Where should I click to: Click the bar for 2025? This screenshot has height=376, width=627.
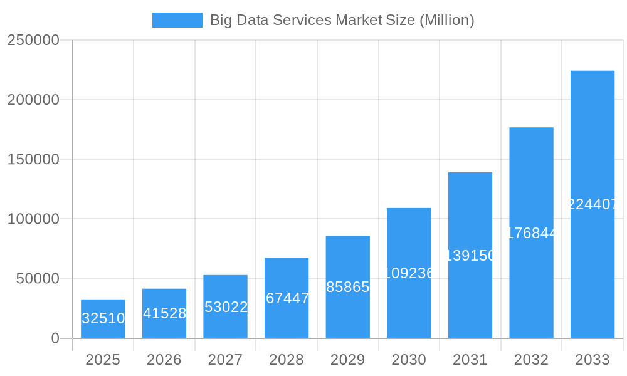103,319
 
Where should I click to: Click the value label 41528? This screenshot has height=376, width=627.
164,313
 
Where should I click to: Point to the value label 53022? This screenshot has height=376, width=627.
226,307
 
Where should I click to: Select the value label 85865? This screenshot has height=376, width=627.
348,287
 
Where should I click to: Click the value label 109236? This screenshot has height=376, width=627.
409,273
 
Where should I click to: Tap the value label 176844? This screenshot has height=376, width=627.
532,233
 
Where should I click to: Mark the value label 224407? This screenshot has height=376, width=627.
593,204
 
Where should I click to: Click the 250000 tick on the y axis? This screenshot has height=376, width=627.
33,40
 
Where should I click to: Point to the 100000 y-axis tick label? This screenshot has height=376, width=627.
33,219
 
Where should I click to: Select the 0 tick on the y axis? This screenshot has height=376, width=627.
55,338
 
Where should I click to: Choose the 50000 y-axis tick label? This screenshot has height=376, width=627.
37,279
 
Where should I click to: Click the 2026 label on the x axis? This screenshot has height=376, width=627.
164,360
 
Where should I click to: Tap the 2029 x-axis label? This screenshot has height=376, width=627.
348,360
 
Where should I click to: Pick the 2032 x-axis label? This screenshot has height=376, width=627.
532,360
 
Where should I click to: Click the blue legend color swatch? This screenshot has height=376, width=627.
177,20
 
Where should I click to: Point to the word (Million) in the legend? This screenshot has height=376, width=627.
446,20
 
